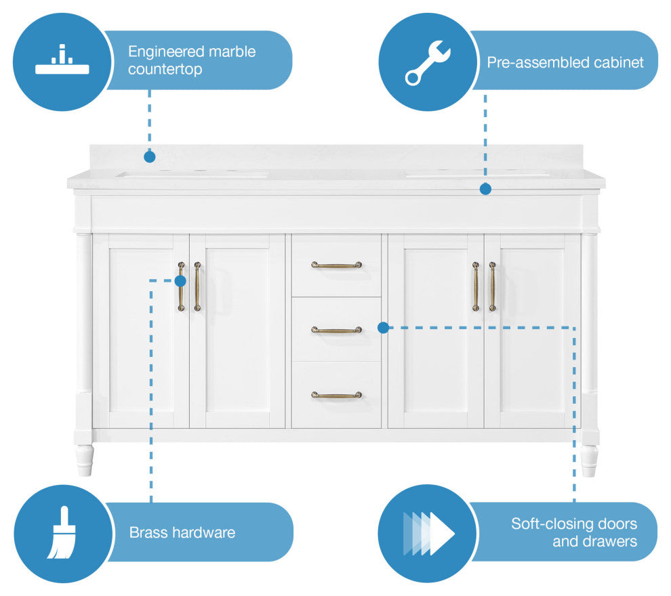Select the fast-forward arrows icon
coord(428,533)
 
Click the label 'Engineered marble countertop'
coord(192,60)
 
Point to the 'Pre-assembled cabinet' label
coord(565,62)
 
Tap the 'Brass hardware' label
coord(182,532)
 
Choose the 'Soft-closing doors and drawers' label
coord(573,532)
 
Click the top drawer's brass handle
coord(337,265)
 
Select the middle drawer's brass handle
coord(337,330)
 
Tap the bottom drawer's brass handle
coord(337,394)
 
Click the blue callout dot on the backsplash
coord(150,156)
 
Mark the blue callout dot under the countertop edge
coord(485,189)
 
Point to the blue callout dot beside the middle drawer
coord(383,328)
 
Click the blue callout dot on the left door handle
coord(180,280)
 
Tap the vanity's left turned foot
coord(84,460)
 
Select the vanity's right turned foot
coord(589,461)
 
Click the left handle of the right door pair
coord(476,286)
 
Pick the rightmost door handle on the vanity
coord(493,286)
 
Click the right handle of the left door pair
coord(197,286)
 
